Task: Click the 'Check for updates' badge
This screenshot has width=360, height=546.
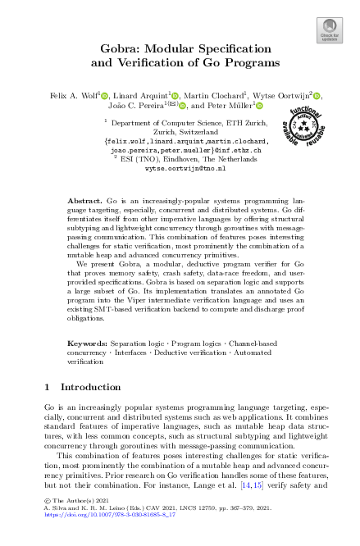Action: pos(329,32)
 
